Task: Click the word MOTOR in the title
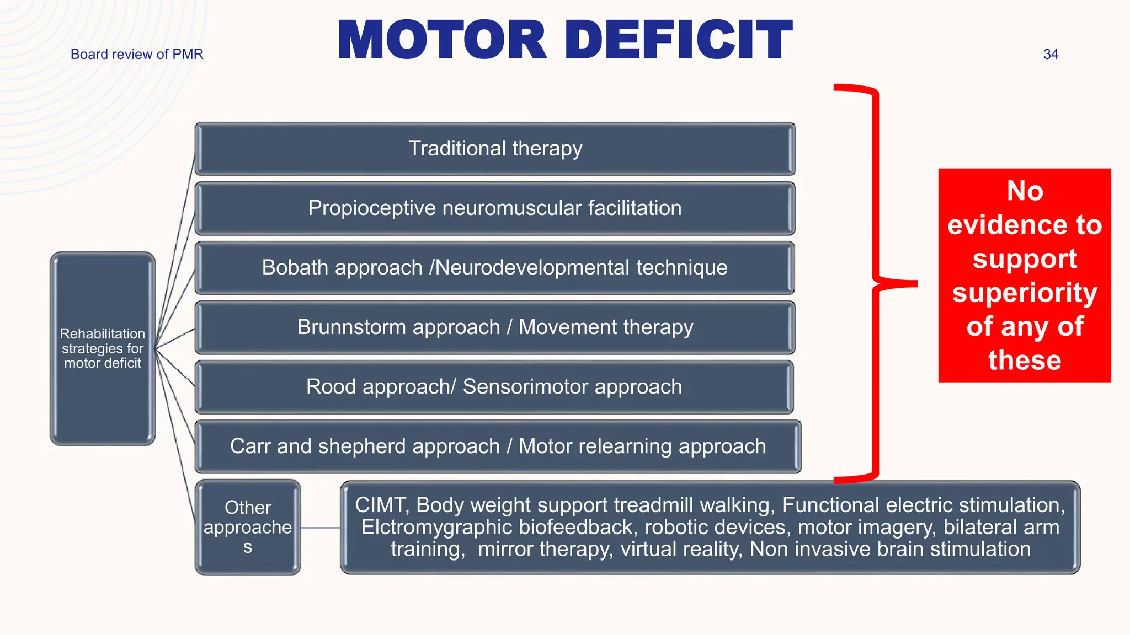coord(441,40)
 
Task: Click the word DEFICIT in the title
coord(678,40)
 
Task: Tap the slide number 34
coord(1051,54)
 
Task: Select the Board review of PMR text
coord(137,54)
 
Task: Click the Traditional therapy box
coord(495,149)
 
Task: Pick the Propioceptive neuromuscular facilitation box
coord(495,208)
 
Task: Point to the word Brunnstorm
coord(344,327)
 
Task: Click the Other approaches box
coord(248,528)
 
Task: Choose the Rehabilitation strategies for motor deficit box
coord(103,348)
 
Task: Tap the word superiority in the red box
coord(1025,293)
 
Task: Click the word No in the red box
coord(1025,191)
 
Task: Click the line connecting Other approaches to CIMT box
coord(321,528)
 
